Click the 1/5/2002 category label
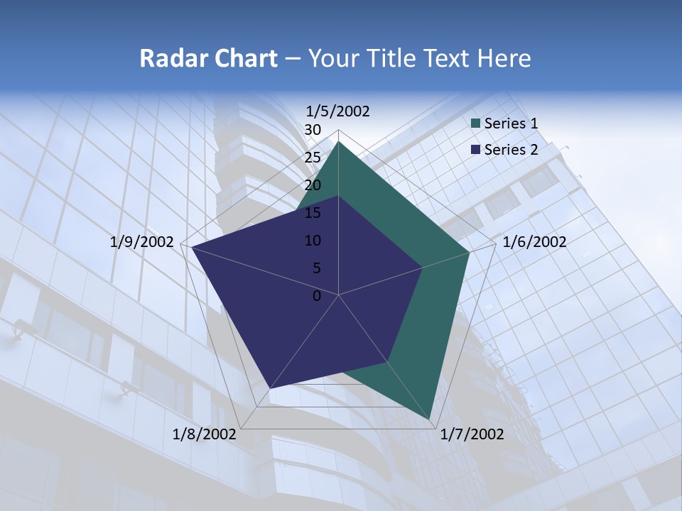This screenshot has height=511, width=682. pyautogui.click(x=338, y=111)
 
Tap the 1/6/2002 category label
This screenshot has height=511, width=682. pyautogui.click(x=534, y=242)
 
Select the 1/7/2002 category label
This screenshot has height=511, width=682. pyautogui.click(x=472, y=434)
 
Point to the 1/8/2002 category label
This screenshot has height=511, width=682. pyautogui.click(x=205, y=434)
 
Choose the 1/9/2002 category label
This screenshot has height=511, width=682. pyautogui.click(x=142, y=242)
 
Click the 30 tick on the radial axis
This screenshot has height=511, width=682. pyautogui.click(x=313, y=130)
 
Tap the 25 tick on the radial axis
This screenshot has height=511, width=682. pyautogui.click(x=313, y=158)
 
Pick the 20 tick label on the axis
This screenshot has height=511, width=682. pyautogui.click(x=313, y=185)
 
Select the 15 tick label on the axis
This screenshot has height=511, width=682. pyautogui.click(x=313, y=213)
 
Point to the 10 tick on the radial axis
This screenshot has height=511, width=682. pyautogui.click(x=313, y=241)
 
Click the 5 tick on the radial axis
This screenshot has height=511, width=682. pyautogui.click(x=317, y=268)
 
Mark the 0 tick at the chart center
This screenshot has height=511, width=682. pyautogui.click(x=317, y=296)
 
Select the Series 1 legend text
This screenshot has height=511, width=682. pyautogui.click(x=511, y=123)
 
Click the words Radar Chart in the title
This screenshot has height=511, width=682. pyautogui.click(x=208, y=58)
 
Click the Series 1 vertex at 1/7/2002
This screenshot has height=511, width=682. pyautogui.click(x=431, y=419)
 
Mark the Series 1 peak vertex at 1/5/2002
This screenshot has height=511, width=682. pyautogui.click(x=339, y=141)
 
